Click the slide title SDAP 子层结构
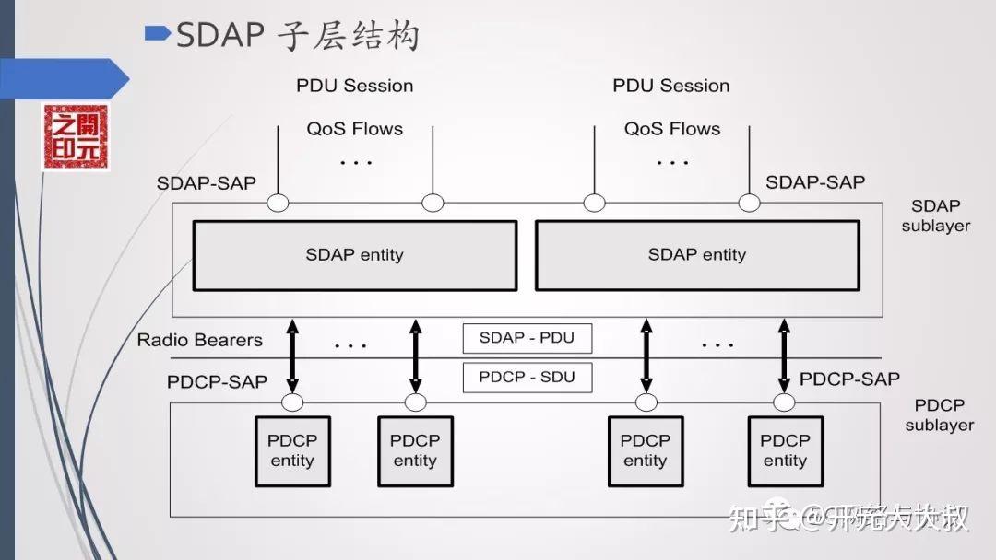297,36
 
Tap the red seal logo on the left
76,137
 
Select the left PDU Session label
354,86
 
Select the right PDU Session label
670,86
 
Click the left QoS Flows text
354,129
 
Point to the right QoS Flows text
671,129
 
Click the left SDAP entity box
354,255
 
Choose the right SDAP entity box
696,255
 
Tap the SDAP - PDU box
527,338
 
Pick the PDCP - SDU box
527,377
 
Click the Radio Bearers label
199,340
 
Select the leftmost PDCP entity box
291,450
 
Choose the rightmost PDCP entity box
785,450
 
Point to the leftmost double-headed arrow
292,356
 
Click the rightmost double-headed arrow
784,356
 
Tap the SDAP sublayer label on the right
935,216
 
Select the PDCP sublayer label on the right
939,414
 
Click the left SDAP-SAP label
207,183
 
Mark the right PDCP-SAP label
849,379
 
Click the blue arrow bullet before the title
158,34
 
